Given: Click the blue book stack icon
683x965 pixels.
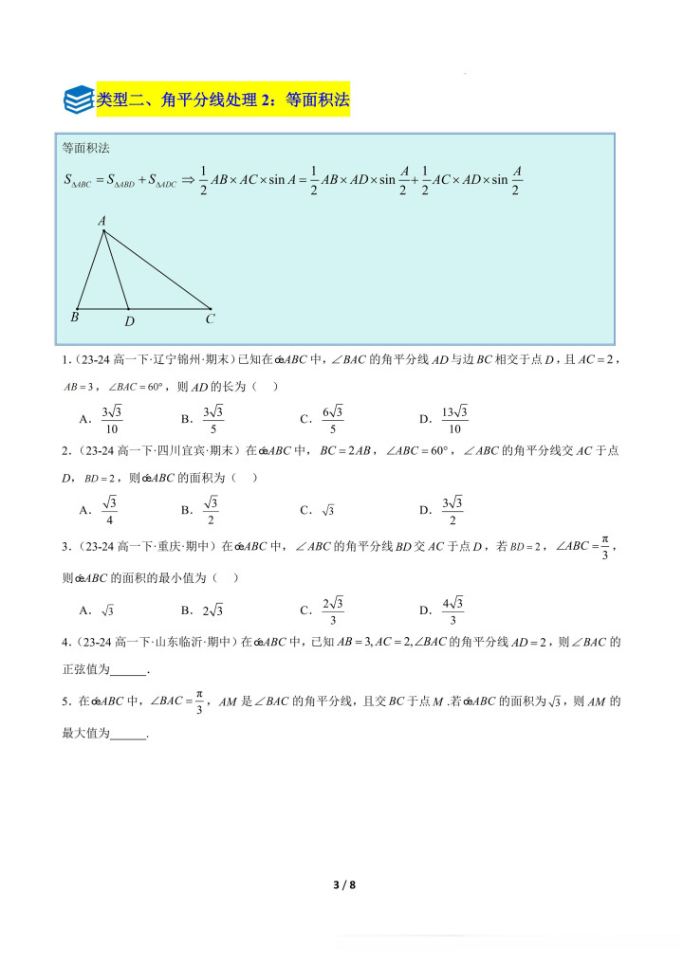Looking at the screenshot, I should point(78,99).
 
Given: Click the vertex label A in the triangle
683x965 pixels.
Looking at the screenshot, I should point(102,221).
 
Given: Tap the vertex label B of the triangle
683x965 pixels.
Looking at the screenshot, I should point(74,318).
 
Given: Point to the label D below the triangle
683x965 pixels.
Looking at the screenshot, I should point(129,320).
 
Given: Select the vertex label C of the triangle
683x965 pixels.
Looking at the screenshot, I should point(211,319).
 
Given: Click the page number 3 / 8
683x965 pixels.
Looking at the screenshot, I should point(343,885).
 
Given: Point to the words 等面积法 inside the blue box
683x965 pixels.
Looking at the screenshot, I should point(86,148).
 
